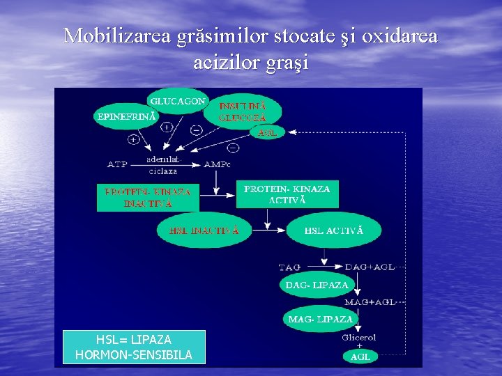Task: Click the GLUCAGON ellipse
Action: point(178,102)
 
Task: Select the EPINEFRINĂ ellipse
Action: point(125,116)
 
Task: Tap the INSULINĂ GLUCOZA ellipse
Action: point(242,112)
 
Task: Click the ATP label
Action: point(116,164)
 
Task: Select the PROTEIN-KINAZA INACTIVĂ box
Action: point(148,197)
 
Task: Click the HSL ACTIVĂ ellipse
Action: point(333,230)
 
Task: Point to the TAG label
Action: point(290,267)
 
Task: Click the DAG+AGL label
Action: point(370,267)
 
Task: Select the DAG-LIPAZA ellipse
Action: point(317,285)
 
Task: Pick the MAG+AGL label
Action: point(370,302)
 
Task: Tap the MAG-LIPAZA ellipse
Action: point(320,320)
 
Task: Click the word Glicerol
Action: point(359,338)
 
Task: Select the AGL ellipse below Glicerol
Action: point(360,357)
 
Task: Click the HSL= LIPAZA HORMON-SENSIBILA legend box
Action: point(134,347)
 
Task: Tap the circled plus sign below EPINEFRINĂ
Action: point(132,139)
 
